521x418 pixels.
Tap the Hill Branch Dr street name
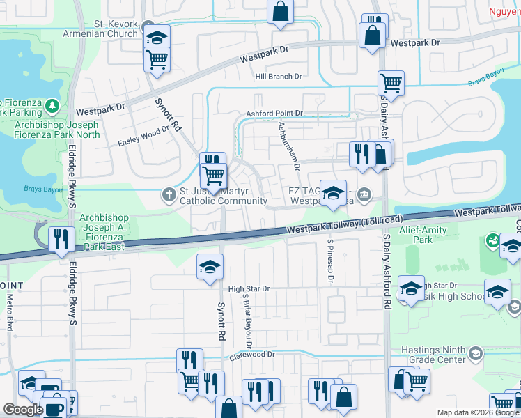coord(279,77)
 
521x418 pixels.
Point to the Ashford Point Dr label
coord(274,113)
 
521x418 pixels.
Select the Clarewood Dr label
coord(253,355)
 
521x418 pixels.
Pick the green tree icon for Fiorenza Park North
coord(52,107)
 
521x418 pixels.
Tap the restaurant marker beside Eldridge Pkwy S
coord(61,239)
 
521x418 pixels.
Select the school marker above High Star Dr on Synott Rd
coord(210,268)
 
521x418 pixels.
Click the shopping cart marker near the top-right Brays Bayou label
coord(391,83)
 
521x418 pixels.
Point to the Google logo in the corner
coord(24,410)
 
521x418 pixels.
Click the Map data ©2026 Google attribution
coord(477,412)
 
